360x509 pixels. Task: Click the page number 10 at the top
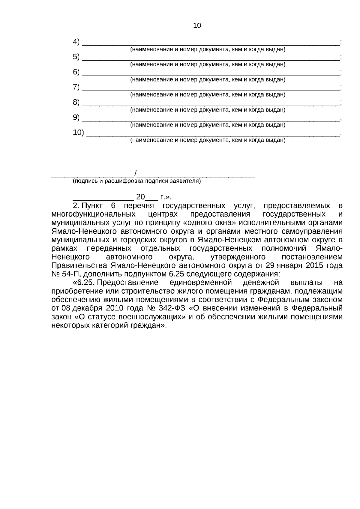tap(197, 26)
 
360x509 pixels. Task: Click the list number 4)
tap(76, 42)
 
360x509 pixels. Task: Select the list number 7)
tap(76, 87)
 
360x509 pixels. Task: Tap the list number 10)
tap(79, 132)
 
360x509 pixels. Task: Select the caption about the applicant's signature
tap(137, 181)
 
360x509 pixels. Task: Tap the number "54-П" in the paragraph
tap(69, 274)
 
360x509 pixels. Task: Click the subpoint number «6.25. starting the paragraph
tap(84, 283)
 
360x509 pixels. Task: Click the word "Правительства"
tap(79, 265)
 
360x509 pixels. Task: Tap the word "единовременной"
tap(201, 283)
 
